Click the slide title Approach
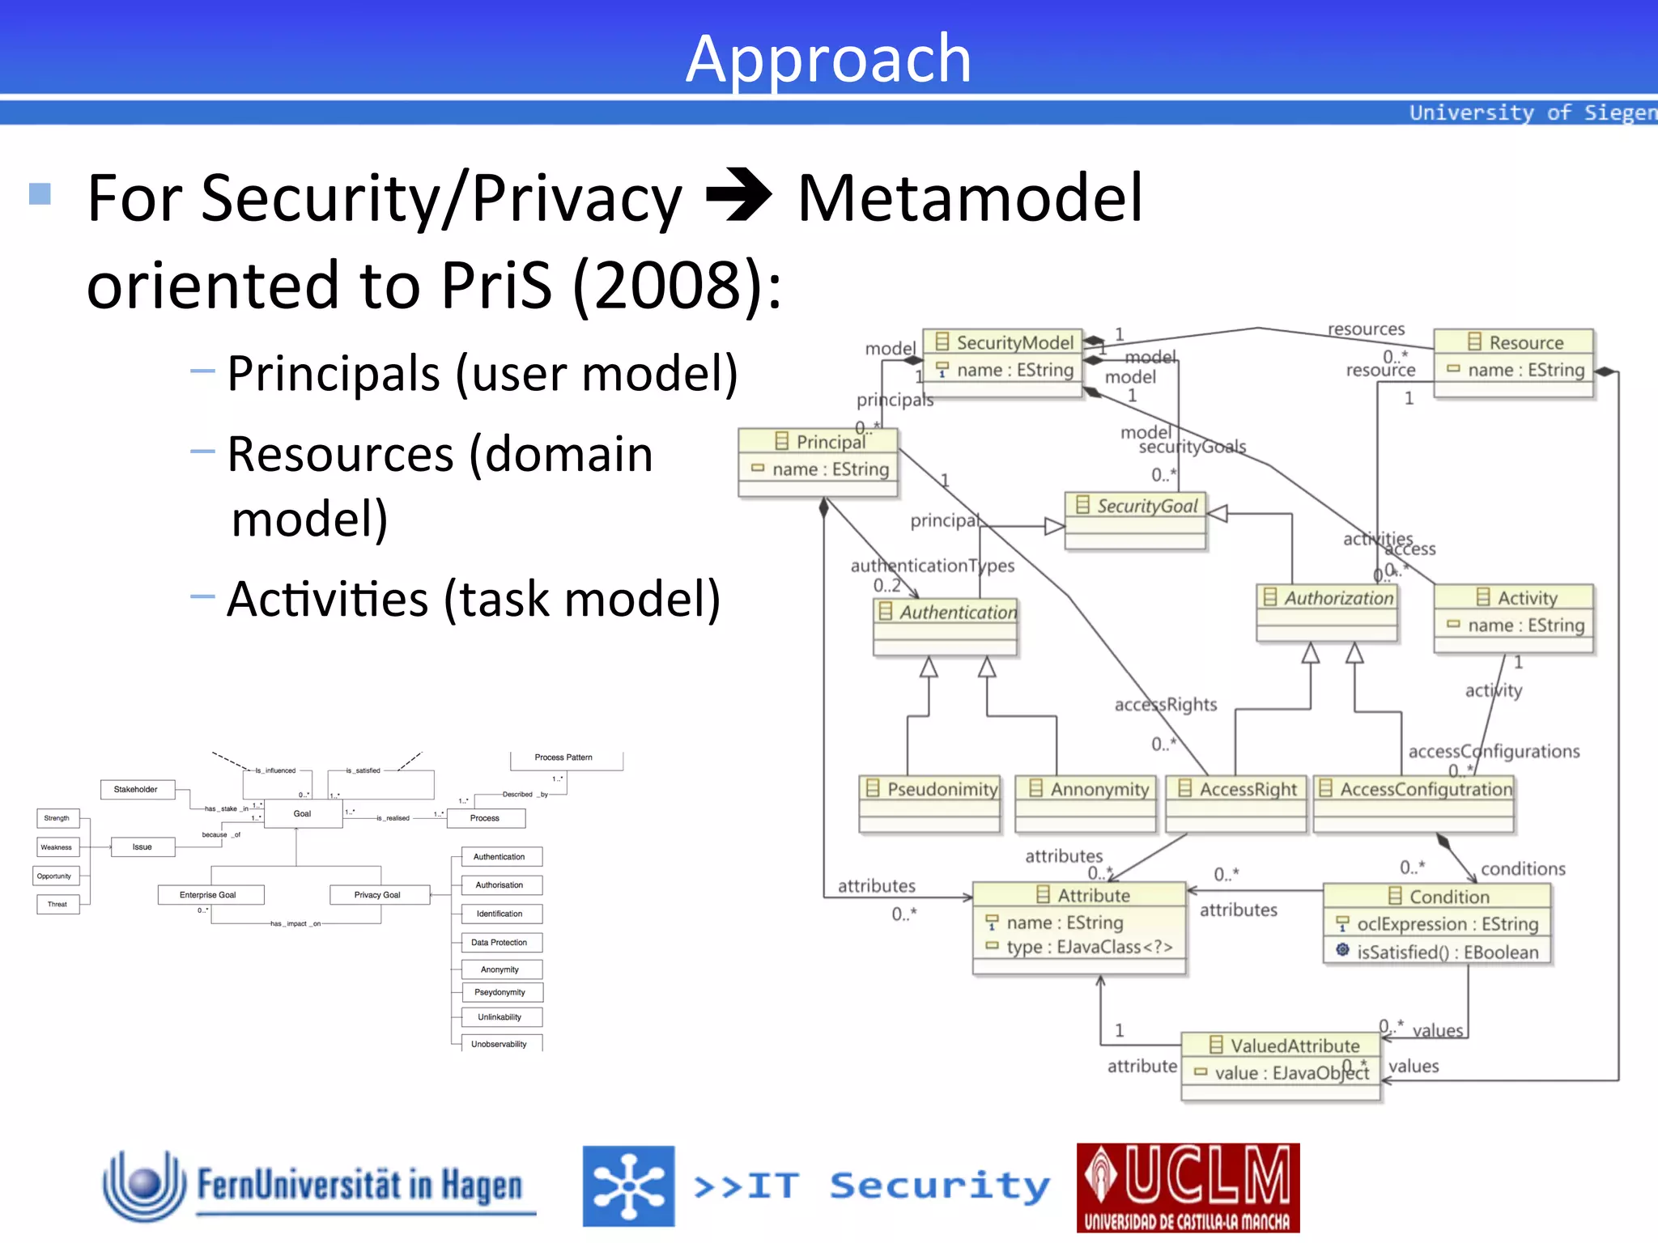pyautogui.click(x=828, y=58)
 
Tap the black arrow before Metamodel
pyautogui.click(x=738, y=195)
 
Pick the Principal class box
pyautogui.click(x=818, y=461)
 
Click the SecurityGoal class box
pyautogui.click(x=1136, y=519)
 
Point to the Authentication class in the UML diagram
pyautogui.click(x=946, y=626)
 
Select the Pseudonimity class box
pyautogui.click(x=929, y=802)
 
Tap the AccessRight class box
pyautogui.click(x=1236, y=802)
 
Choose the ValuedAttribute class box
pyautogui.click(x=1282, y=1064)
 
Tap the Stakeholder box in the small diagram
pyautogui.click(x=136, y=789)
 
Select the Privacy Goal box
pyautogui.click(x=377, y=894)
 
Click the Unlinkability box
pyautogui.click(x=500, y=1017)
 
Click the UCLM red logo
pyautogui.click(x=1188, y=1187)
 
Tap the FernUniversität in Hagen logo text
pyautogui.click(x=359, y=1186)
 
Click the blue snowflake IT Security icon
pyautogui.click(x=628, y=1186)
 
